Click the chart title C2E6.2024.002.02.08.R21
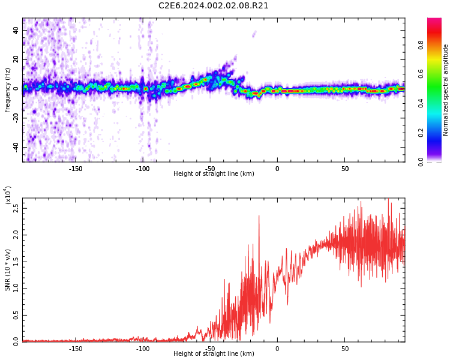pos(214,6)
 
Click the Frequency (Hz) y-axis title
pos(8,90)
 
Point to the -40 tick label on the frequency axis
pos(14,147)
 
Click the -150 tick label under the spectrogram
pos(75,169)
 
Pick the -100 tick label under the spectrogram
pos(142,169)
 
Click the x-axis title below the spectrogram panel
pos(214,174)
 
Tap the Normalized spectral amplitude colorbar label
pos(446,90)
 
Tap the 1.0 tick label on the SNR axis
pos(16,288)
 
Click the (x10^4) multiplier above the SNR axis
pos(8,195)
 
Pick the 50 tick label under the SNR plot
pos(344,349)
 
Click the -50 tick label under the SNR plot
pos(209,349)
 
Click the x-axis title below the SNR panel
pos(214,354)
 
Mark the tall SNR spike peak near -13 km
pos(259,216)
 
